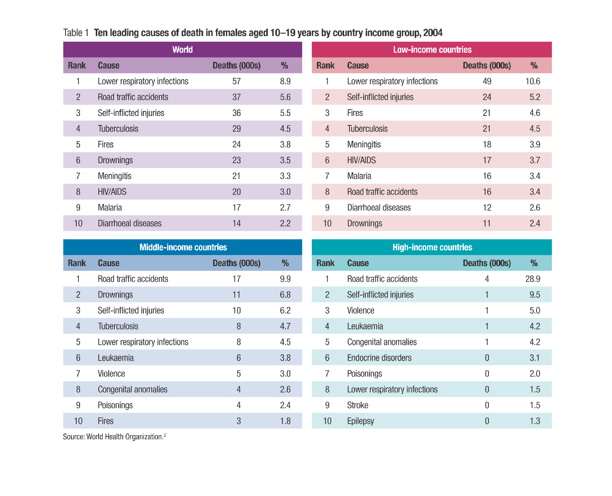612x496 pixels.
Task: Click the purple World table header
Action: coord(182,49)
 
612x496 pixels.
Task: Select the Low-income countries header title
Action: coord(432,50)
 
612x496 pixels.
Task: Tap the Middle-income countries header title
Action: coord(183,247)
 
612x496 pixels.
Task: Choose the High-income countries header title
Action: coord(432,247)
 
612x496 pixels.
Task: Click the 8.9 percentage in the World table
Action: coord(285,81)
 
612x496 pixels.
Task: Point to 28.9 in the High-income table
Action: coord(533,279)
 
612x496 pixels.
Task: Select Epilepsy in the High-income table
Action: coord(360,421)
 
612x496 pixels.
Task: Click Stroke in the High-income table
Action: coord(357,405)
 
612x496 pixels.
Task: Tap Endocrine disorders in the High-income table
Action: coord(379,358)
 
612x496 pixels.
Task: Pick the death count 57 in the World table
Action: coord(236,81)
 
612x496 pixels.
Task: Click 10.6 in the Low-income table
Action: coord(533,81)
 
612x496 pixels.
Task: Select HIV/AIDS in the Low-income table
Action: coord(361,160)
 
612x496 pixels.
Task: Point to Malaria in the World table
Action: coord(110,207)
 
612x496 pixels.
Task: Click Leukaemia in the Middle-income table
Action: coord(116,358)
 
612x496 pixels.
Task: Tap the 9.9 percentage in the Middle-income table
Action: coord(285,279)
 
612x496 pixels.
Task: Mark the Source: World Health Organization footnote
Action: coord(114,436)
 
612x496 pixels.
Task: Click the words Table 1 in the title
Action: coord(76,33)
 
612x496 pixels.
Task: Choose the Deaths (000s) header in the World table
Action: coord(236,65)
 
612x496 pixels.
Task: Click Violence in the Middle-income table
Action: coord(111,373)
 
